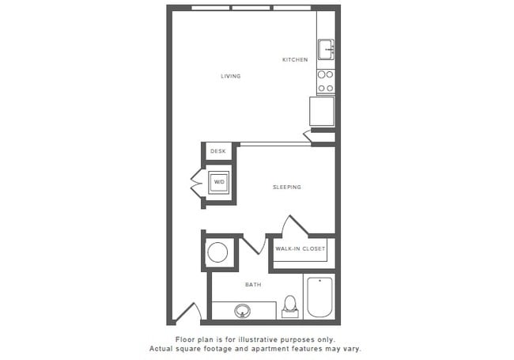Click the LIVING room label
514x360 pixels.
click(231, 76)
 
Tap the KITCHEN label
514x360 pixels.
click(295, 60)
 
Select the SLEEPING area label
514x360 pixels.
click(287, 188)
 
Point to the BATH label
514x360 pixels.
click(253, 285)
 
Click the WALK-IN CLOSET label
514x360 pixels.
click(300, 249)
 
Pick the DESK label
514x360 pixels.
click(218, 151)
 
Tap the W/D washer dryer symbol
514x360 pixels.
click(219, 183)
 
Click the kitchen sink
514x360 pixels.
click(326, 50)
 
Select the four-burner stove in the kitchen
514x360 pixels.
click(325, 80)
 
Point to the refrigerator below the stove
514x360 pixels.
click(323, 111)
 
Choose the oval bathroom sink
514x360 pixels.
click(243, 310)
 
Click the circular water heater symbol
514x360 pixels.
click(217, 253)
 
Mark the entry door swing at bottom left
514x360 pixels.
click(187, 313)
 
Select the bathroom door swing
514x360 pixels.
click(252, 244)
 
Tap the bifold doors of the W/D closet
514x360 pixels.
click(197, 184)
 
